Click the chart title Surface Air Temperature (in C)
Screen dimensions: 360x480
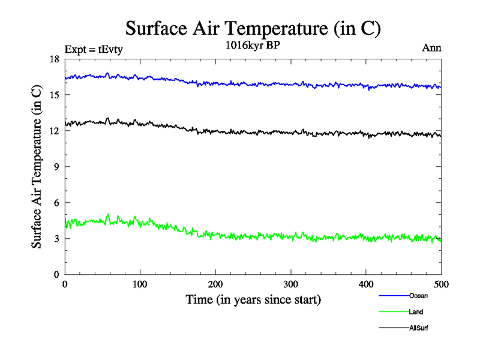[253, 28]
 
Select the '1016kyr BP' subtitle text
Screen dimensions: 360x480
[252, 47]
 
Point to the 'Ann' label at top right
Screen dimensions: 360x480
[432, 49]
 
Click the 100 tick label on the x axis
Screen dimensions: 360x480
[140, 284]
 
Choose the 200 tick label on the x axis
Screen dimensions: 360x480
[215, 284]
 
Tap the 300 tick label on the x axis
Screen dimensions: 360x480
[290, 284]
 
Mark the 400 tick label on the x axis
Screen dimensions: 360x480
[366, 284]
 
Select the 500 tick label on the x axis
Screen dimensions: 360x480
[441, 284]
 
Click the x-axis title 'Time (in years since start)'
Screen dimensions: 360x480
[253, 299]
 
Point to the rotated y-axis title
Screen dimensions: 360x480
[37, 167]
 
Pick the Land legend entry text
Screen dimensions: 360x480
[416, 312]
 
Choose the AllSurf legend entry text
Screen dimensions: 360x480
[418, 328]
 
